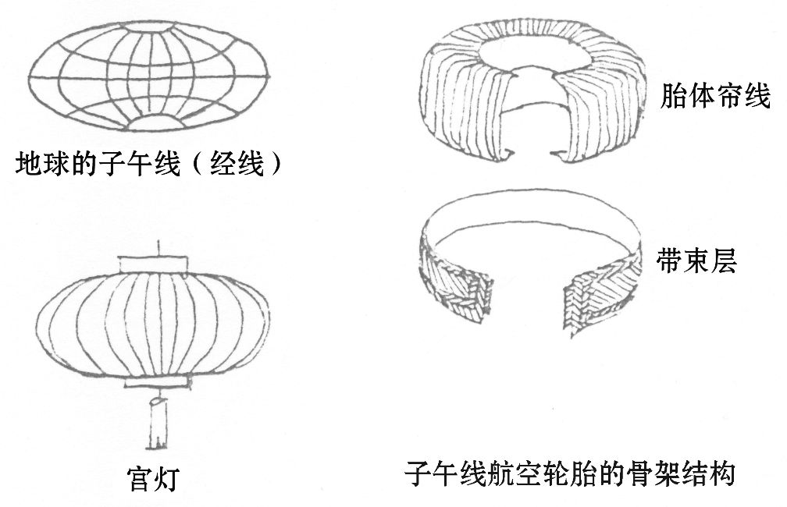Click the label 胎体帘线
[x=715, y=97]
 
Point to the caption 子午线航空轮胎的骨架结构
[x=570, y=473]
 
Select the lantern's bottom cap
[x=156, y=382]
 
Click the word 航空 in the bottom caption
[x=515, y=473]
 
